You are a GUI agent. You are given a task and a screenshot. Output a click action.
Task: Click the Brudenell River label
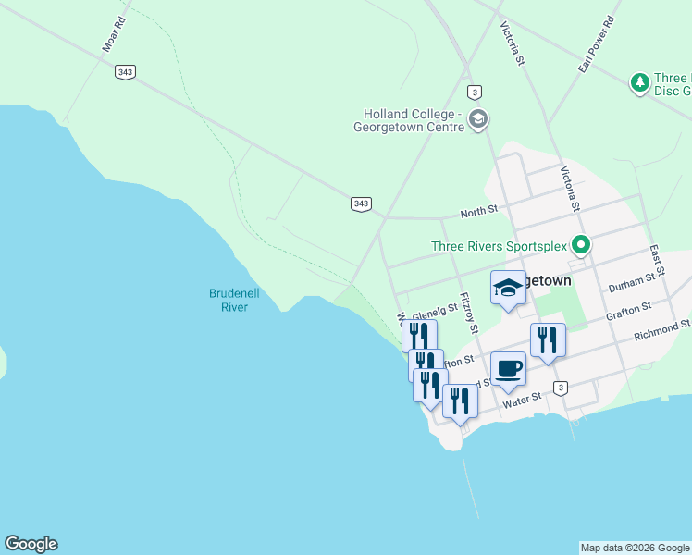tap(233, 300)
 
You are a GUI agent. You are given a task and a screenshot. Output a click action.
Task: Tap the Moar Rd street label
tap(114, 32)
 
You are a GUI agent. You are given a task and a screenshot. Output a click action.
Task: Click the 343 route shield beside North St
tap(361, 203)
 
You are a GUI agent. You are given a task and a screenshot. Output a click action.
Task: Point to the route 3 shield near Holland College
tap(475, 92)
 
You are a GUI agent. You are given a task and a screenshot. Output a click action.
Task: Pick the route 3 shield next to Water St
tap(560, 387)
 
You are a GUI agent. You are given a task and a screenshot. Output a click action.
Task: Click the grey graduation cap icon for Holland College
tap(478, 118)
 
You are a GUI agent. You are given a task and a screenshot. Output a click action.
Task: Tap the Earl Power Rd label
tap(596, 44)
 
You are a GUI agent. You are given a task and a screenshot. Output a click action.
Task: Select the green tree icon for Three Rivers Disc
tap(639, 83)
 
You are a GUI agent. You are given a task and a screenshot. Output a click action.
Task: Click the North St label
tap(478, 211)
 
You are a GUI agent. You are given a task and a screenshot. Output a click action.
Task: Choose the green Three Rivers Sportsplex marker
tap(581, 245)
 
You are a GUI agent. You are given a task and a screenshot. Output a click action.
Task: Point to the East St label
tap(655, 258)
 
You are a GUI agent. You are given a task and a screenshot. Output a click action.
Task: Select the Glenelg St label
tap(435, 312)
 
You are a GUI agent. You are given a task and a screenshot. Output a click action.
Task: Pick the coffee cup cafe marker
tap(508, 369)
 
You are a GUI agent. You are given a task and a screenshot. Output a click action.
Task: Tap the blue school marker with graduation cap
tap(508, 288)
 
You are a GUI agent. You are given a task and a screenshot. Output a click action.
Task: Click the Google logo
tap(31, 544)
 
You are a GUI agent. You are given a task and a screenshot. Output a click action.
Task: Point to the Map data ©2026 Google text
tap(635, 548)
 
